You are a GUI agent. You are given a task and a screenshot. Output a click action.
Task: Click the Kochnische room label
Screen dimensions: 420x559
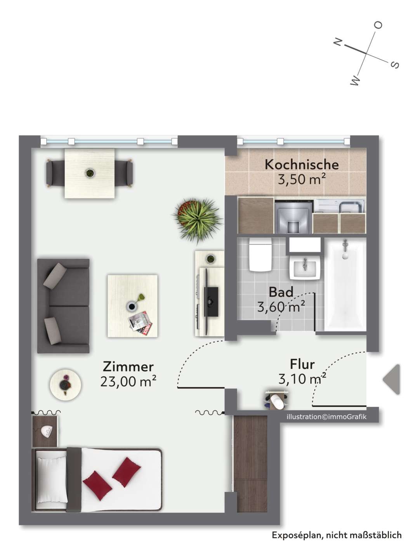pos(302,165)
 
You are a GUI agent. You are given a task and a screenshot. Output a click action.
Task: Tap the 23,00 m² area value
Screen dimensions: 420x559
pos(128,382)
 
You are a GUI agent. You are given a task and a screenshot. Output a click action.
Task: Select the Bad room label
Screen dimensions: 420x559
pos(281,292)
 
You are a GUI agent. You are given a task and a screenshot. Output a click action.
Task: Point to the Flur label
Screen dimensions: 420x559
pos(302,365)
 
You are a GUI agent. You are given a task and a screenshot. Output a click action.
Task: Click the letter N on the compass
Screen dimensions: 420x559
pos(338,42)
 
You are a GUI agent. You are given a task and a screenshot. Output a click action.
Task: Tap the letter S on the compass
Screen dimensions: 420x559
pos(394,65)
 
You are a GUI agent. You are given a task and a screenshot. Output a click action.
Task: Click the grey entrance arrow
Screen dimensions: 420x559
pos(392,379)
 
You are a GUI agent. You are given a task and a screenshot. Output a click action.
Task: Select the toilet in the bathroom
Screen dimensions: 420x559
pos(260,255)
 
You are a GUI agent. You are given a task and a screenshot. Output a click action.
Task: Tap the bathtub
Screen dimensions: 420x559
pos(345,285)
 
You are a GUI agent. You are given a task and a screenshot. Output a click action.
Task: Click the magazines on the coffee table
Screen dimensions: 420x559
pos(140,321)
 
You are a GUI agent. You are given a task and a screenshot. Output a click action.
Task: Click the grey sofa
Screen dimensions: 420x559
pos(63,306)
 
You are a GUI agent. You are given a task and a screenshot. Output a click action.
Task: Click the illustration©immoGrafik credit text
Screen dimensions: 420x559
pos(326,417)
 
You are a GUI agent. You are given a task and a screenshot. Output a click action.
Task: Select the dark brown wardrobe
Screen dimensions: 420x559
pos(250,464)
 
